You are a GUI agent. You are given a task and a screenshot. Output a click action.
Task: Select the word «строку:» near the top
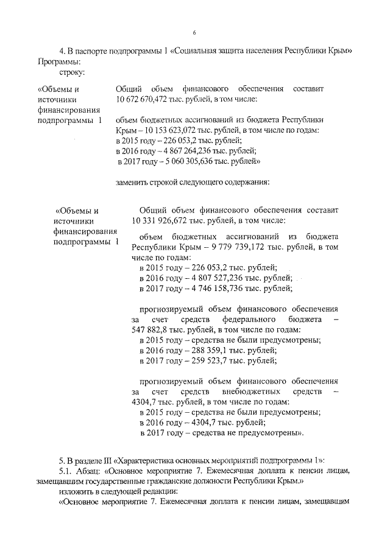(72, 72)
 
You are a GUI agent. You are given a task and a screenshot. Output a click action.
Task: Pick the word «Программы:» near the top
(58, 61)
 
